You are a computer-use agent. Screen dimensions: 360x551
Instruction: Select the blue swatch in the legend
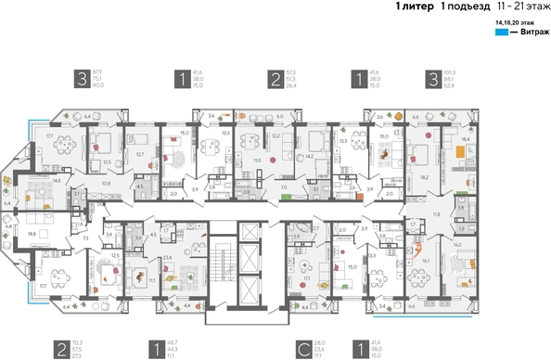coord(501,32)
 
